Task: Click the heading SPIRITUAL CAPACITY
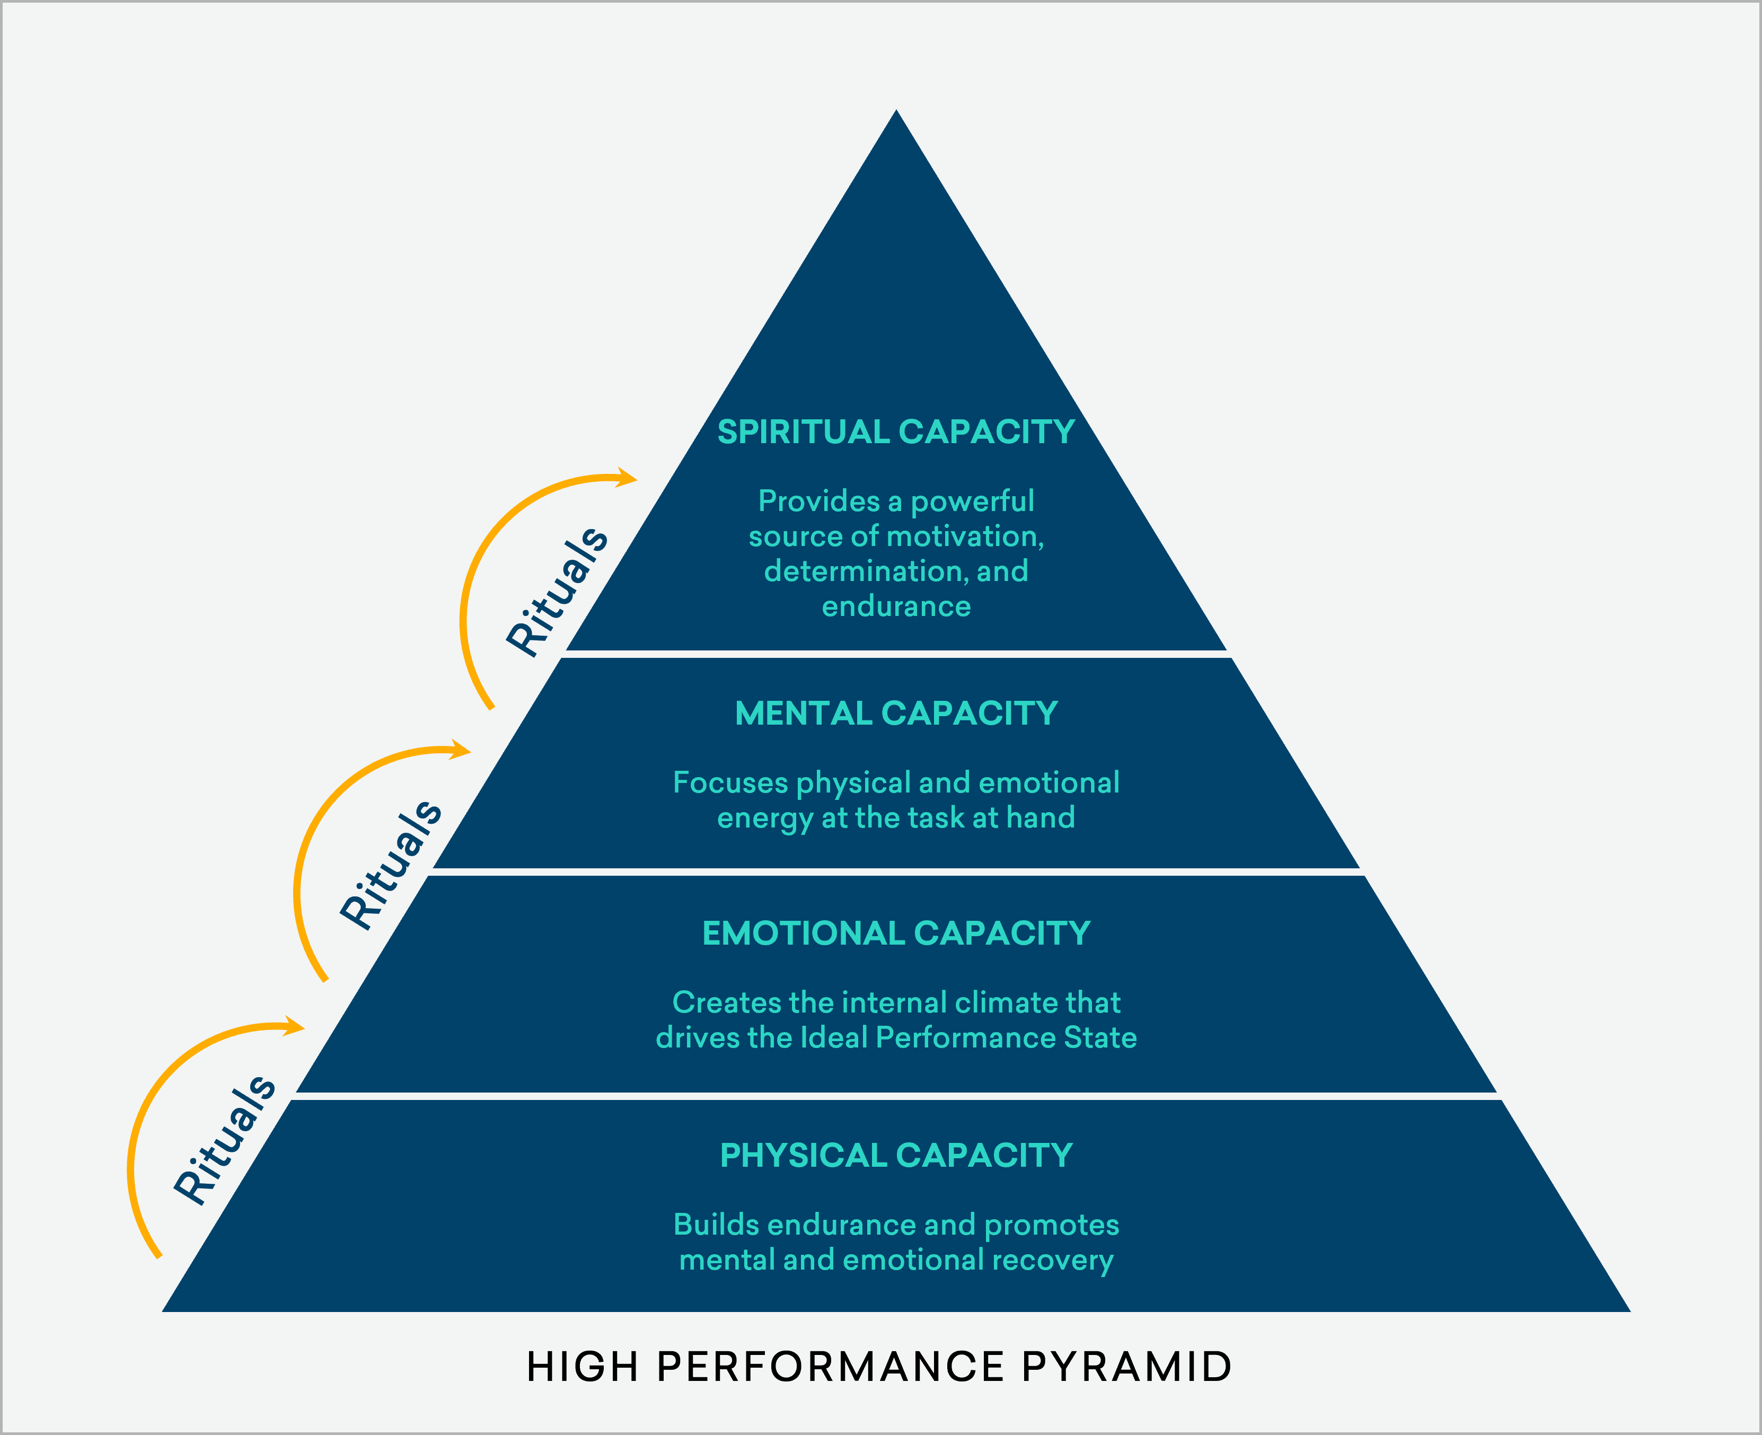tap(896, 433)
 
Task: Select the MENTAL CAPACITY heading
tap(896, 714)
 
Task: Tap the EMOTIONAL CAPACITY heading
tap(896, 933)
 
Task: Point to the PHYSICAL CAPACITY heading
tap(896, 1156)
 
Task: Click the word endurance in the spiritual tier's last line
tap(896, 607)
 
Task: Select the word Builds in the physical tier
tap(716, 1225)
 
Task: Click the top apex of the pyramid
tap(896, 112)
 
